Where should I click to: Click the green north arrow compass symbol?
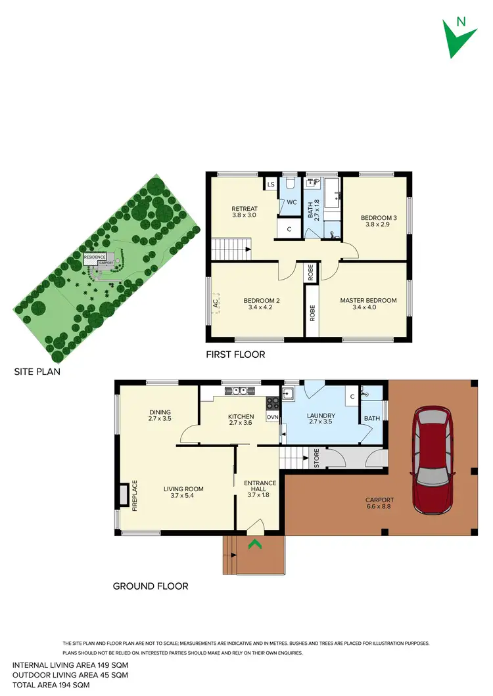pos(459,36)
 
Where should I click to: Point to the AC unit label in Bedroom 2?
pos(215,304)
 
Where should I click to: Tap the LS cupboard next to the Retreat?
pos(270,185)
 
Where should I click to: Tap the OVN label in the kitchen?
pos(272,417)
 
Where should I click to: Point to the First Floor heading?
pos(236,355)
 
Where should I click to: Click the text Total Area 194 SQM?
pos(51,685)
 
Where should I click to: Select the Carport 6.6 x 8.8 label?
pos(378,504)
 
